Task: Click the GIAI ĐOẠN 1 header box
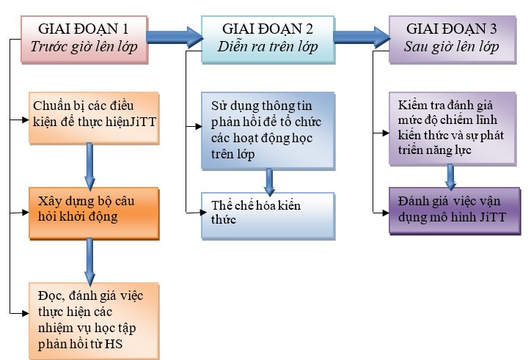click(83, 38)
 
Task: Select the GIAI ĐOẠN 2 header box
click(267, 38)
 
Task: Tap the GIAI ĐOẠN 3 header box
click(452, 38)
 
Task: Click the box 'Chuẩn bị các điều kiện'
click(94, 116)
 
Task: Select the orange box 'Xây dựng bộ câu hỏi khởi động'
click(92, 213)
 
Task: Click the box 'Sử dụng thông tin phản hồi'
click(267, 129)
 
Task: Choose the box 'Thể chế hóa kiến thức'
click(267, 215)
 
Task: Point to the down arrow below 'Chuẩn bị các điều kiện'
click(89, 165)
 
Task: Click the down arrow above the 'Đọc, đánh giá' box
click(89, 260)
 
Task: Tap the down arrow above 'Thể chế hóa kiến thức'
click(270, 180)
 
